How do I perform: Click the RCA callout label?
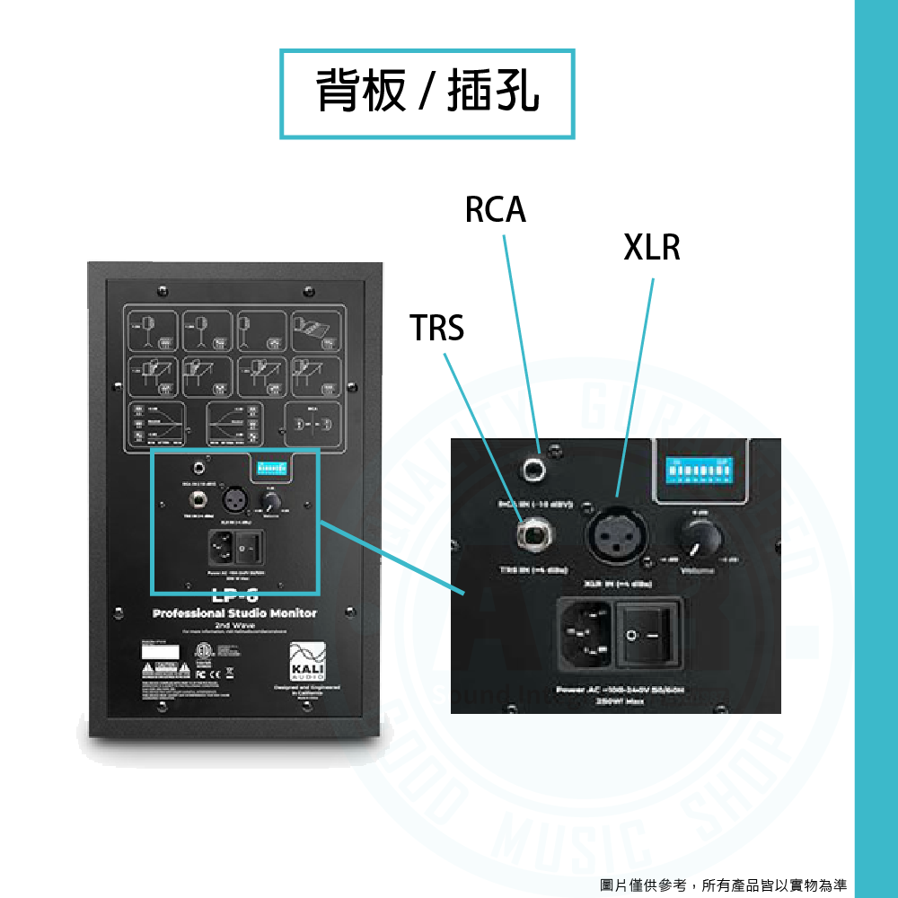pos(495,209)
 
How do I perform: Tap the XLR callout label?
pos(652,247)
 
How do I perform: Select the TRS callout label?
pos(437,329)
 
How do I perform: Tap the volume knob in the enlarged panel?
pos(701,539)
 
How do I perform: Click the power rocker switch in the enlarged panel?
pos(648,635)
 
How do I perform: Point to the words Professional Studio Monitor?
pos(234,613)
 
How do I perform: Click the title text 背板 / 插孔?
pos(427,92)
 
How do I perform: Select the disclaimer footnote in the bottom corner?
pos(724,885)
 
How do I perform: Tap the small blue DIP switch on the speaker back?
pos(270,468)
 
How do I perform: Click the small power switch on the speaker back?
pos(251,545)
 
